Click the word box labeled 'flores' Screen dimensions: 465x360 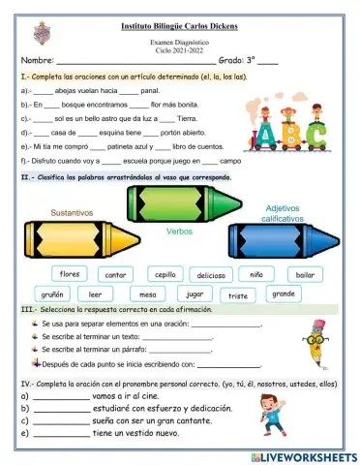pyautogui.click(x=70, y=273)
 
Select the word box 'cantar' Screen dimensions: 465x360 pyautogui.click(x=116, y=275)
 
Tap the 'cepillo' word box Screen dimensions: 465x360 pyautogui.click(x=165, y=274)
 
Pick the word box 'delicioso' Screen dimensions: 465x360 pyautogui.click(x=212, y=275)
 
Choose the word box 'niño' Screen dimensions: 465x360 pyautogui.click(x=256, y=274)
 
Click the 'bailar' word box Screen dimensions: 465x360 pyautogui.click(x=305, y=274)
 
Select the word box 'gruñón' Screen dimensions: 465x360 pyautogui.click(x=51, y=294)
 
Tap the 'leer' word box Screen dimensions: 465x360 pyautogui.click(x=95, y=294)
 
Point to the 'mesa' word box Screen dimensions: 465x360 pyautogui.click(x=147, y=294)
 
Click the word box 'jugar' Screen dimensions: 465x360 pyautogui.click(x=195, y=294)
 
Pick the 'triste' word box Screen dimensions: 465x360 pyautogui.click(x=238, y=295)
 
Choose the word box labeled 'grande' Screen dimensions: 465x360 pyautogui.click(x=283, y=293)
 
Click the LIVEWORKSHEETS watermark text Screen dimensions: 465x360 pyautogui.click(x=303, y=455)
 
